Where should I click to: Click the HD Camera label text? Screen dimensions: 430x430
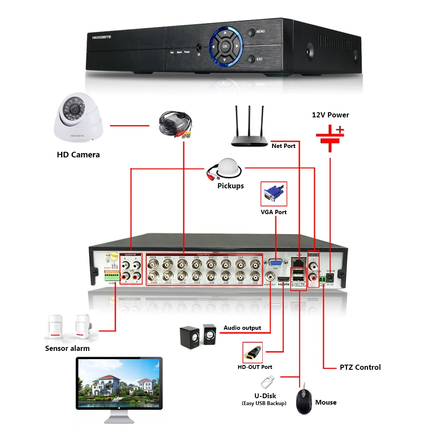pos(78,155)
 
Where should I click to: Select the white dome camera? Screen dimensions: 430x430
pos(78,119)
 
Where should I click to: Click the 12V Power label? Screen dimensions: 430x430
pos(330,115)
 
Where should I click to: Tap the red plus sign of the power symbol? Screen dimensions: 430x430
pos(340,129)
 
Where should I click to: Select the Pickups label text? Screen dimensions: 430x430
pos(230,186)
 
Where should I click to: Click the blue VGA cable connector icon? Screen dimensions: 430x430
pos(273,193)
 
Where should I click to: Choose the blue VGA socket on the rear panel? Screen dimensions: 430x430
pos(275,262)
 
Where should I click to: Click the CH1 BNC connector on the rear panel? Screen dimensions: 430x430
pos(255,263)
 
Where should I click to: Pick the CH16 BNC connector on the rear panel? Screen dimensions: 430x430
pos(153,276)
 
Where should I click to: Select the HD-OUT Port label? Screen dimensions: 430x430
pos(255,367)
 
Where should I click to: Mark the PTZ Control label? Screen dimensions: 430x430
pos(360,367)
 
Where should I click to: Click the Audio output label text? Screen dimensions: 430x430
pos(242,328)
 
